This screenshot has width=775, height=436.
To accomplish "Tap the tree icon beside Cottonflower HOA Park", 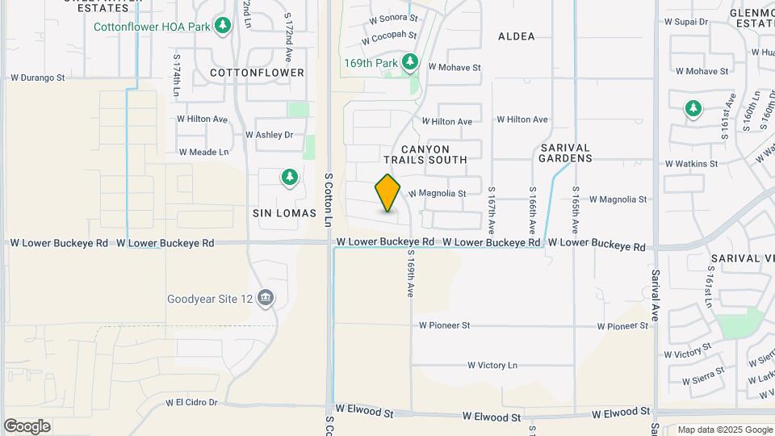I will [x=224, y=26].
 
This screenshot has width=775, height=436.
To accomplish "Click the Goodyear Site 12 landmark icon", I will [x=266, y=299].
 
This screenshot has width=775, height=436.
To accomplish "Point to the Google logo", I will [x=27, y=426].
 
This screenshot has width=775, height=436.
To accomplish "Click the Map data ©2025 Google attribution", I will [x=725, y=430].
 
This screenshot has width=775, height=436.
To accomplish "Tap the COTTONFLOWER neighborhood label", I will [x=257, y=73].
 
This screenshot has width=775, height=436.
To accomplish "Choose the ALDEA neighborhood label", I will [x=517, y=36].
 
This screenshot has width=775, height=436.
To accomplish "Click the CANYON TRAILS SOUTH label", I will [x=434, y=154].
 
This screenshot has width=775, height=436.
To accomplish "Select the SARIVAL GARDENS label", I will [x=566, y=153].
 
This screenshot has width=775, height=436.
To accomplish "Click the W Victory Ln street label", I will [x=492, y=365].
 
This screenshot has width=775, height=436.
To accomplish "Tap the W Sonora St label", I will [x=393, y=17].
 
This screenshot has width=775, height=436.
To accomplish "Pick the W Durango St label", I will [x=37, y=78].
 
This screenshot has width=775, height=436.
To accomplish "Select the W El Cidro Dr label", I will [x=192, y=402].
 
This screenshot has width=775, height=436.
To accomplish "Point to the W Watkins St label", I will [x=691, y=164].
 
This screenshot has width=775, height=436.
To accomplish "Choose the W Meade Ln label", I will [x=204, y=152].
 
